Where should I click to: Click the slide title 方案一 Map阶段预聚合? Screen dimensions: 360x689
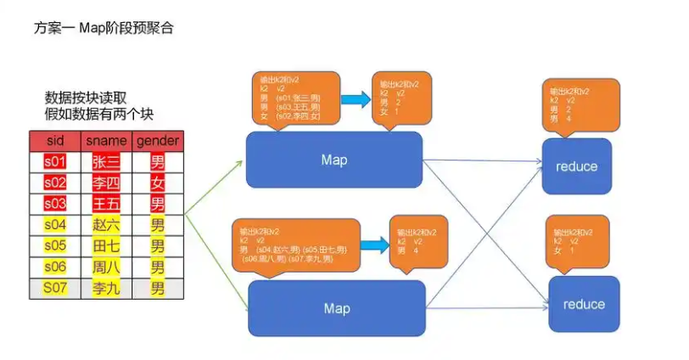104,28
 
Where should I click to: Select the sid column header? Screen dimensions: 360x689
55,140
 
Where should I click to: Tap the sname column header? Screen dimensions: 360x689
106,140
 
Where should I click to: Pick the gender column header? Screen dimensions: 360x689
157,140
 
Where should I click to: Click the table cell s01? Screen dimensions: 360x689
55,161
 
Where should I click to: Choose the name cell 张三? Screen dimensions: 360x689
106,161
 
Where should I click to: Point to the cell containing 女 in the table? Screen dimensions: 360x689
157,183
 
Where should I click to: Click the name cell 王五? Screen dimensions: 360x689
106,204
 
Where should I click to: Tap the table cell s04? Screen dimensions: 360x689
55,225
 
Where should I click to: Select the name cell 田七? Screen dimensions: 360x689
106,246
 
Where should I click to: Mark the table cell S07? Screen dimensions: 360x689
55,289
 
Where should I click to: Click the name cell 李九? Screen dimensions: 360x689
106,289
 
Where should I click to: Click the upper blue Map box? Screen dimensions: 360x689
333,160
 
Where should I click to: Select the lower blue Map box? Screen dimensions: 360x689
336,308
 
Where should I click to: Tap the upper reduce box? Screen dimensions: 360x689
576,166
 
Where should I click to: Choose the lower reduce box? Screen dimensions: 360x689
584,304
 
